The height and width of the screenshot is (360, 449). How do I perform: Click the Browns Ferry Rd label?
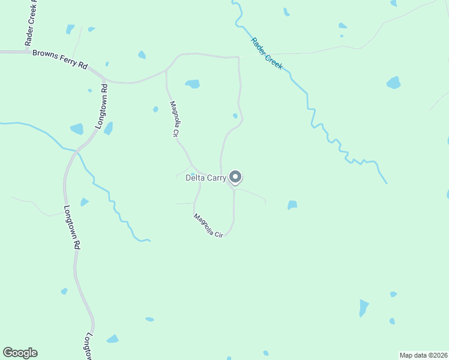59,60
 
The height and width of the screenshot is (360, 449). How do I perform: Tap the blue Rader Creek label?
267,53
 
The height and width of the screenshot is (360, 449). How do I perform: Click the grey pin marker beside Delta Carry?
235,177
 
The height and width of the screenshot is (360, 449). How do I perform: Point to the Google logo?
20,353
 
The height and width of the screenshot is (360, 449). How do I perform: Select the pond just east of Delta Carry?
292,205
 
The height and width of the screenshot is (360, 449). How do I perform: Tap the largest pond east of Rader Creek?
393,82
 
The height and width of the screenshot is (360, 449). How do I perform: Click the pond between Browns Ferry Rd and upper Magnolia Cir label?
192,84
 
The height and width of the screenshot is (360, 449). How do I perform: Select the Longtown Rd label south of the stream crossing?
71,227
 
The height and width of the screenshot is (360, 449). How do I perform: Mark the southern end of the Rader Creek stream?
386,183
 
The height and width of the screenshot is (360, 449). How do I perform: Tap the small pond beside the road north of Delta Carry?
235,116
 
